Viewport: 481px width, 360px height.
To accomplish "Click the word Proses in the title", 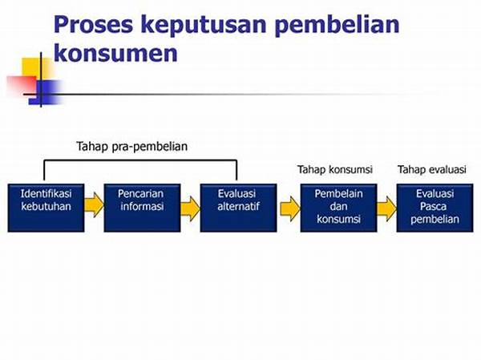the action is [93, 25].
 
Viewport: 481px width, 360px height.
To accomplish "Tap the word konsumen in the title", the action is [115, 53].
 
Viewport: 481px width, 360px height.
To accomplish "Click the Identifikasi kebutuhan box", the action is [46, 208].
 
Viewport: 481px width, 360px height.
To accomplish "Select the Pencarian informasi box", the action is [142, 208].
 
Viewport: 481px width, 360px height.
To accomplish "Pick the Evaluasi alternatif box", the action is [238, 208].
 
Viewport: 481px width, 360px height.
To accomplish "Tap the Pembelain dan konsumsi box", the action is [338, 208].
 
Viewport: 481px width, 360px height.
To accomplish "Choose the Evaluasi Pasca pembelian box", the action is [435, 208].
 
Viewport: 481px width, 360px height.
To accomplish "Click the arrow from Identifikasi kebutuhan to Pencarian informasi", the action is [94, 204].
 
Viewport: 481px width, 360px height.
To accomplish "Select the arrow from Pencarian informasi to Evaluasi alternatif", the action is [190, 208].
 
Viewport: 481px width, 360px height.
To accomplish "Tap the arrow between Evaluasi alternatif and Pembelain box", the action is [290, 208].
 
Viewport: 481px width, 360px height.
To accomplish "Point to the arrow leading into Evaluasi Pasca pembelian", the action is [386, 208].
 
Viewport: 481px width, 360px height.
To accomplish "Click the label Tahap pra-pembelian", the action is [132, 147].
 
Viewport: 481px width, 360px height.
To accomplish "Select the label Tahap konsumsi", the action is [335, 169].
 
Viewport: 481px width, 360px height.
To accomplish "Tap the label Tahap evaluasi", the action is [432, 169].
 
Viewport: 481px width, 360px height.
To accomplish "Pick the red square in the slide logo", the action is [22, 86].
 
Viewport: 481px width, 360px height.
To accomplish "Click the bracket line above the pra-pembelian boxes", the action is [140, 160].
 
